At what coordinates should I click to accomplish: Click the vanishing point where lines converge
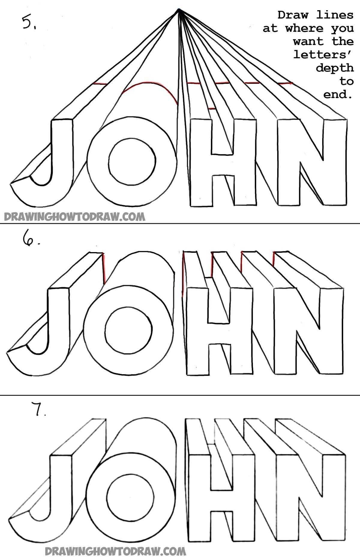click(179, 11)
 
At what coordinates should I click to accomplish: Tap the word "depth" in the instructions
click(335, 68)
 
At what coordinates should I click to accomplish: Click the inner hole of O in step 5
click(132, 162)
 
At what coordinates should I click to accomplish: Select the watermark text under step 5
click(74, 217)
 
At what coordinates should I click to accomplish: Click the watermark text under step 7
click(115, 551)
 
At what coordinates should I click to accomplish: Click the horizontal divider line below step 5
click(180, 224)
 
